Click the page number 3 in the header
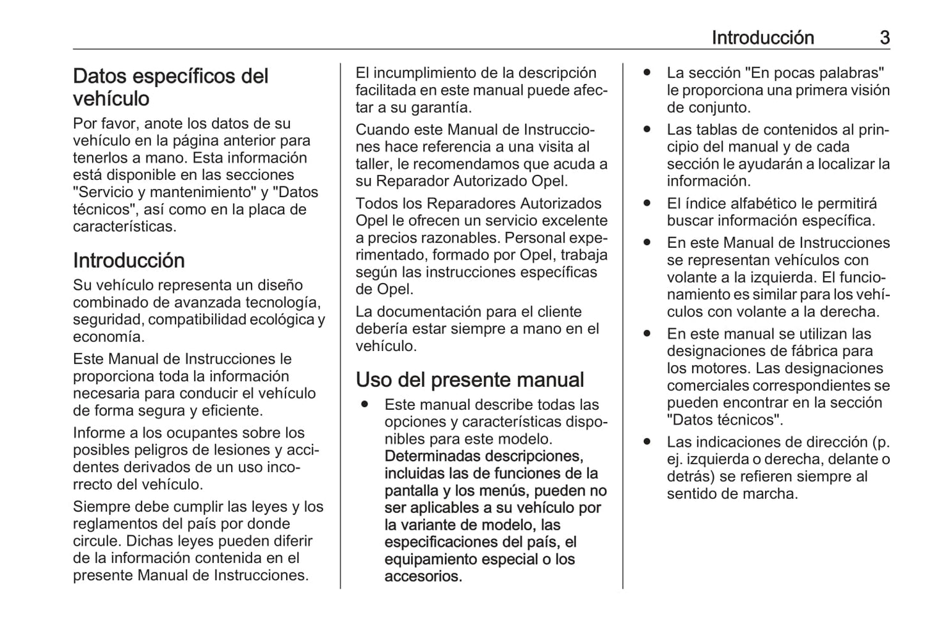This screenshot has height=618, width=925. coord(884,38)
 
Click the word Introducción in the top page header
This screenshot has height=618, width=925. coord(762,38)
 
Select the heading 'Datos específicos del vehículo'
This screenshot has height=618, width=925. coord(170,87)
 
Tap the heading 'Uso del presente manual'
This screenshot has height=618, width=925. coord(470,380)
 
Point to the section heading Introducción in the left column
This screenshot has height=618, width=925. coord(129,261)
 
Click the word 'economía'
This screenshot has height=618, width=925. coord(108,337)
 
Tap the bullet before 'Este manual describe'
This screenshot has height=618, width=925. coord(364,405)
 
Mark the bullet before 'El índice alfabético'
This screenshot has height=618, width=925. coord(647,204)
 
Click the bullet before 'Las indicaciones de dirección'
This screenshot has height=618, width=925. coord(647,442)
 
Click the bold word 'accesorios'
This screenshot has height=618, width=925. coord(422,576)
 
